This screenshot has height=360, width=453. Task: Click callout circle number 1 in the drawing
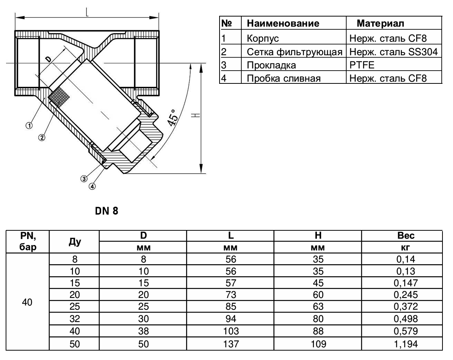click(29, 126)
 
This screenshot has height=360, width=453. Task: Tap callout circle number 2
click(42, 138)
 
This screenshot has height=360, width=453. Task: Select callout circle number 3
click(84, 179)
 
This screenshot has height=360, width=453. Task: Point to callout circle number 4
click(92, 186)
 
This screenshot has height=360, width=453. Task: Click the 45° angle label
click(172, 118)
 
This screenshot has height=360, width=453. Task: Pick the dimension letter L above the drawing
click(87, 12)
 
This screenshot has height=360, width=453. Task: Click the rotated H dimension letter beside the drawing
click(195, 115)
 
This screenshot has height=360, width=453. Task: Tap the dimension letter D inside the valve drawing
click(48, 59)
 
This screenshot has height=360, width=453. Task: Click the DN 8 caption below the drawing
click(106, 211)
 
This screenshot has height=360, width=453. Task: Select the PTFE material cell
click(362, 65)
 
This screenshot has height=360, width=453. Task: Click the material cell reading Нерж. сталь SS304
click(394, 52)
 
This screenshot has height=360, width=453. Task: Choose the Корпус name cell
click(263, 38)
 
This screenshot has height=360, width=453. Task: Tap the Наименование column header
click(283, 23)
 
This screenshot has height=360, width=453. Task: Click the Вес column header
click(406, 236)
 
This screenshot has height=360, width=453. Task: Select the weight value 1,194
click(406, 344)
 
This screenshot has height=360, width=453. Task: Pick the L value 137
click(231, 344)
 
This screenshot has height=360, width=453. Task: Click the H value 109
click(318, 344)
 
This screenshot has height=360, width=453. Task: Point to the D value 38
click(144, 331)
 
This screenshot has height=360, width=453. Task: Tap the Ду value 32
click(75, 319)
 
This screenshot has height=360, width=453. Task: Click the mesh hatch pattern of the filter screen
click(59, 97)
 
